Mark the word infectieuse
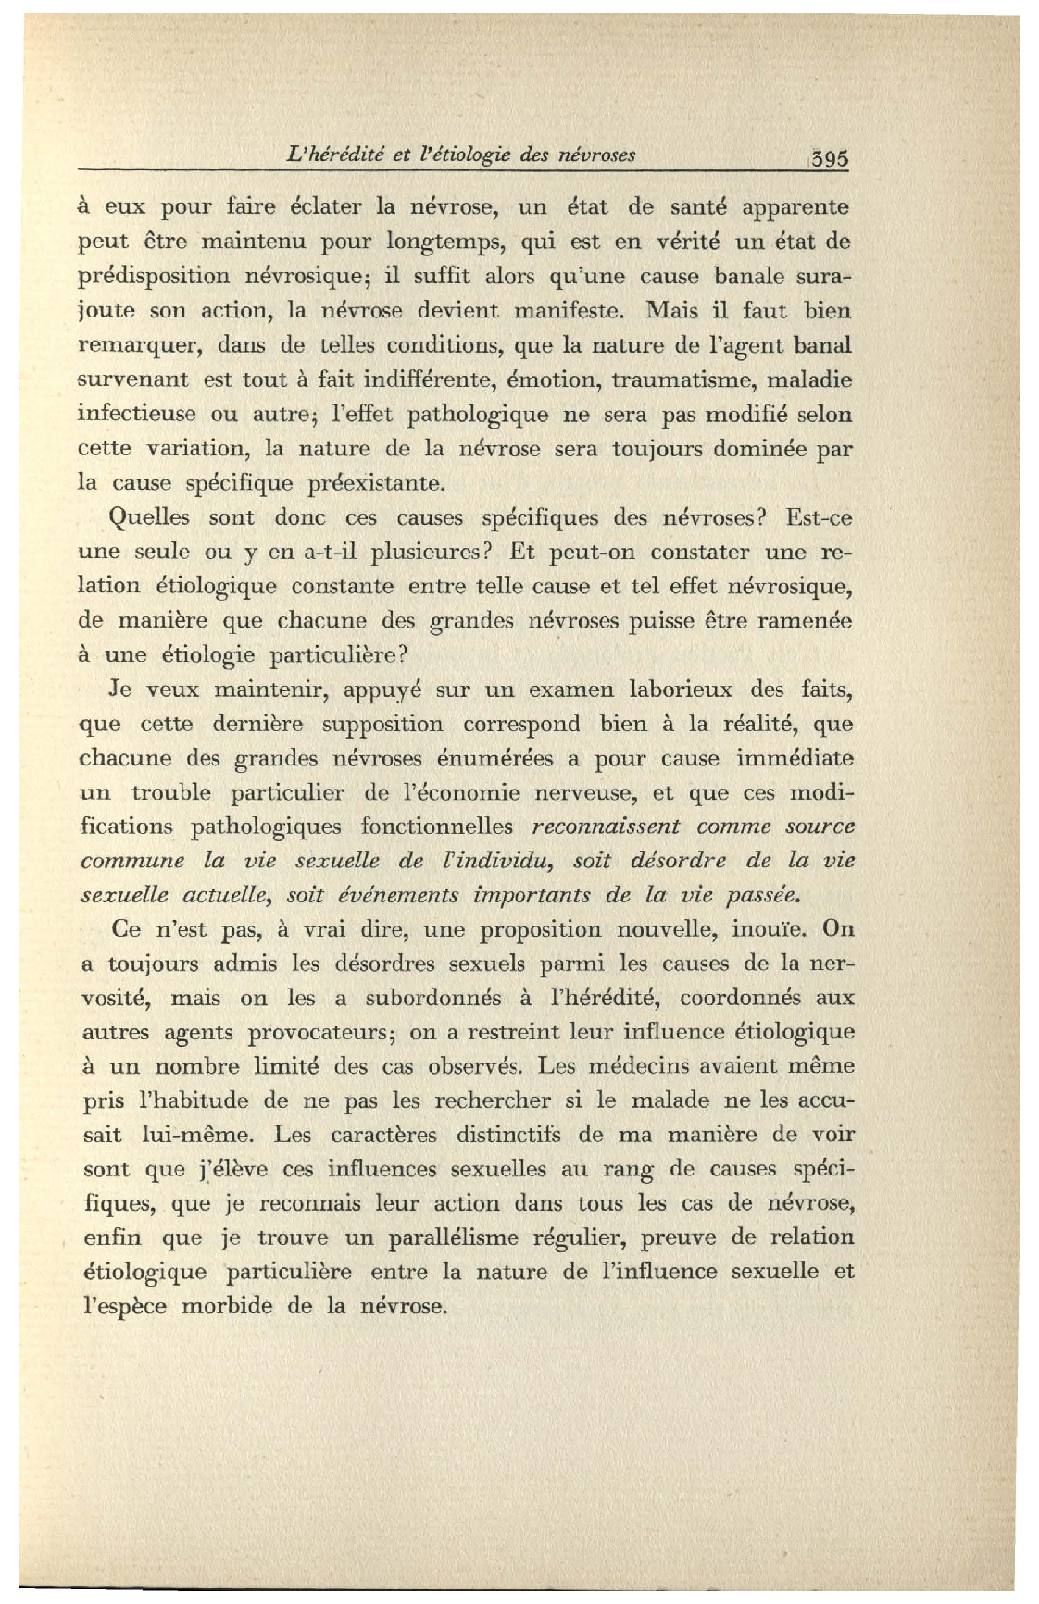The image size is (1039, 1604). (x=136, y=414)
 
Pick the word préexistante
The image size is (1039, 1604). (x=379, y=483)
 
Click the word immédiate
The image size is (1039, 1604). (x=795, y=758)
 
